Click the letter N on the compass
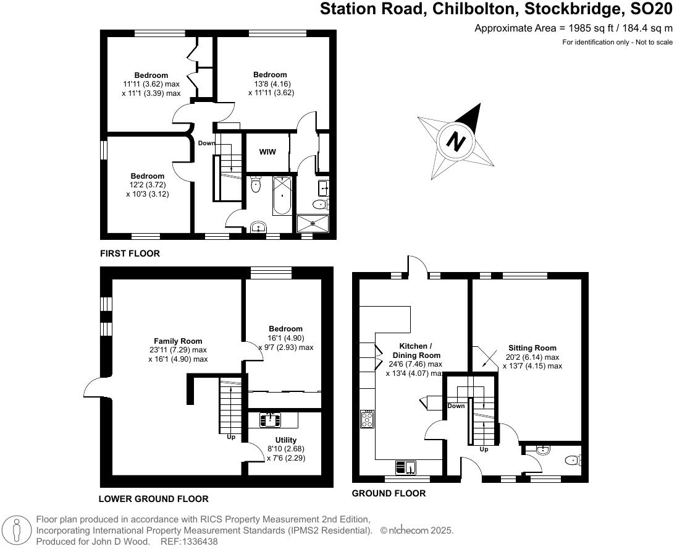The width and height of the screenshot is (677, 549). pyautogui.click(x=456, y=142)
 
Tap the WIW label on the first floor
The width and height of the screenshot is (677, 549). pyautogui.click(x=267, y=151)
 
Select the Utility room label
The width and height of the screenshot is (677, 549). pyautogui.click(x=285, y=440)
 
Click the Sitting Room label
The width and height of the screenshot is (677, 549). pyautogui.click(x=532, y=348)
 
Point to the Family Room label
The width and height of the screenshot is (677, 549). pyautogui.click(x=178, y=341)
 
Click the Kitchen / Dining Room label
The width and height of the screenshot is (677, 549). pyautogui.click(x=416, y=351)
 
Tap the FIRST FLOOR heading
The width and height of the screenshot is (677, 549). pyautogui.click(x=130, y=253)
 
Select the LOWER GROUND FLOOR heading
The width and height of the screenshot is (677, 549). pyautogui.click(x=153, y=499)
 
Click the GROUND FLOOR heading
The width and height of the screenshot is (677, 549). pyautogui.click(x=389, y=493)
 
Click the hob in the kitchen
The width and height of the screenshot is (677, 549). pyautogui.click(x=367, y=419)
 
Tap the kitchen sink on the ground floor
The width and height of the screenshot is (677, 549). pyautogui.click(x=406, y=467)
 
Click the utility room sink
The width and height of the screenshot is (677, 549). pyautogui.click(x=271, y=420)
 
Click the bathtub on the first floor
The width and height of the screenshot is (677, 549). pyautogui.click(x=282, y=195)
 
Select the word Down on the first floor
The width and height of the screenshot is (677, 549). pyautogui.click(x=207, y=143)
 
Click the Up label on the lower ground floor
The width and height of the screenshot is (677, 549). pyautogui.click(x=231, y=436)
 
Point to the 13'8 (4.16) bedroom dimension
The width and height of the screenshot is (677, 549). pyautogui.click(x=270, y=84)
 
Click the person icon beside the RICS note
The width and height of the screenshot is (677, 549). pyautogui.click(x=17, y=530)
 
